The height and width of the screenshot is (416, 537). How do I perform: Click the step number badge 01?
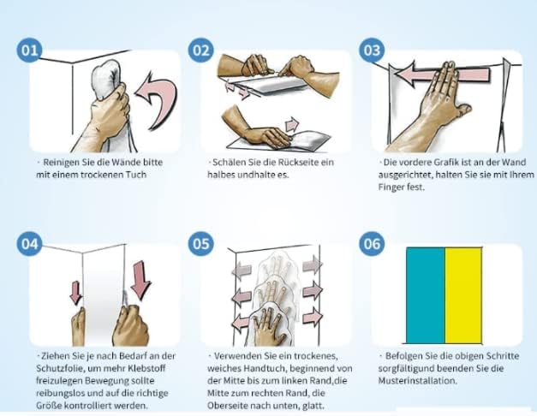point(29,51)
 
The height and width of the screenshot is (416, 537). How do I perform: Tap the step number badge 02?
point(200,51)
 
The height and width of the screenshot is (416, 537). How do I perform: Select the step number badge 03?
point(372,51)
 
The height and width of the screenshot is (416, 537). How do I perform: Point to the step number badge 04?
point(29,244)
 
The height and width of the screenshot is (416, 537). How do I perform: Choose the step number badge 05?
point(200,244)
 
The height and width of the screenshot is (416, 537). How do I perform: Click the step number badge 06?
point(372,244)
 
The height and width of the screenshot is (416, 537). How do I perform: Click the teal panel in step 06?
point(426,295)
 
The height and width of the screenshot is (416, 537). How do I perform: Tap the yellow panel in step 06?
point(463,295)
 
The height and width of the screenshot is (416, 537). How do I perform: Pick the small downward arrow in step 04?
point(76,293)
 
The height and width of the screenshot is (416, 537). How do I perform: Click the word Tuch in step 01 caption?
point(136,175)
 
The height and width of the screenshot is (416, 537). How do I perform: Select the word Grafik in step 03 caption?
point(446,163)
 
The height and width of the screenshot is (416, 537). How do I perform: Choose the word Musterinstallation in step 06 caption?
point(417,381)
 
